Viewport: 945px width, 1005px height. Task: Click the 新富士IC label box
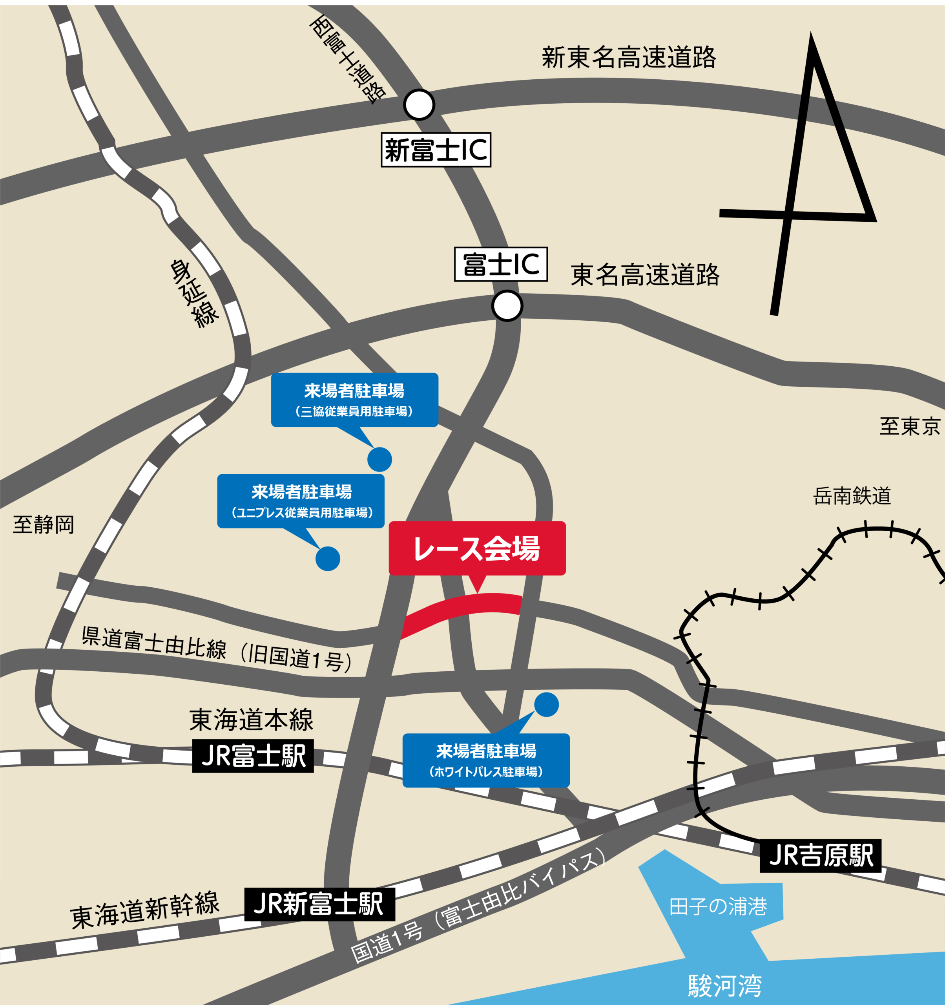coord(436,150)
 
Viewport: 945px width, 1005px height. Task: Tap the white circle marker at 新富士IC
coord(419,105)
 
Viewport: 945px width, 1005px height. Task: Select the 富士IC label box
coord(501,264)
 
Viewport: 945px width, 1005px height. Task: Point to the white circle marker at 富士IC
coord(507,306)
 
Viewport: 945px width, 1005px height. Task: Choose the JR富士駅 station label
coord(253,756)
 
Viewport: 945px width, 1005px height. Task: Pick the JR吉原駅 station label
coord(821,856)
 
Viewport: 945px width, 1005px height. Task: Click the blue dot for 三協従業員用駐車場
coord(379,460)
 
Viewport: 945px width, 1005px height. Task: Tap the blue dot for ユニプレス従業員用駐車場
coord(327,559)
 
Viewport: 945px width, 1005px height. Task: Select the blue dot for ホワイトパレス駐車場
coord(546,704)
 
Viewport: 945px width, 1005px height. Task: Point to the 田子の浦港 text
coord(718,907)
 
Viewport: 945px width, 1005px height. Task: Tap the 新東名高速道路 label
coord(629,57)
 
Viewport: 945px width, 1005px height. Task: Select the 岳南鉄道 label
coord(852,496)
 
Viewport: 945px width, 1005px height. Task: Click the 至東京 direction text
coord(910,426)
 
